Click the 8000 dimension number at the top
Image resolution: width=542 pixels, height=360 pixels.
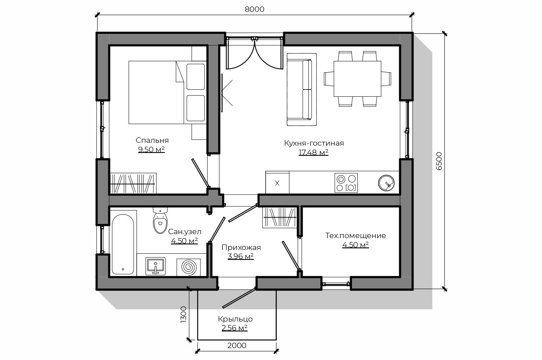(x=254, y=9)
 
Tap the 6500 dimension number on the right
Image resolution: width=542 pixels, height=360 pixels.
(x=439, y=161)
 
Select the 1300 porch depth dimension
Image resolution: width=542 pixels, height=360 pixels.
(x=184, y=315)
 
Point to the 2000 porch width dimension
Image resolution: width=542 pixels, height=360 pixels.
(x=237, y=346)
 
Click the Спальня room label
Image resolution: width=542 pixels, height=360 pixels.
(x=152, y=140)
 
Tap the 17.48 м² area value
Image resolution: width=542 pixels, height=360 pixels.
(x=313, y=152)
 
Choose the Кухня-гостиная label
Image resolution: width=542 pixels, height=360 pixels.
(x=314, y=143)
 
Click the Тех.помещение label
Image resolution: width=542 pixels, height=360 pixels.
(x=356, y=236)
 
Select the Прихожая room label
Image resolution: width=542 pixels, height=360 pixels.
(x=241, y=247)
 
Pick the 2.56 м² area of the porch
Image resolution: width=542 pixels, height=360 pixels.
(x=234, y=328)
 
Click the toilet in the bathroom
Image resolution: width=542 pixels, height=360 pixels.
(x=160, y=220)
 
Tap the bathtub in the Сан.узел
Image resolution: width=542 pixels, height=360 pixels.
(x=123, y=245)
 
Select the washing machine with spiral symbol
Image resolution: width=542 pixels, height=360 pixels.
(x=189, y=267)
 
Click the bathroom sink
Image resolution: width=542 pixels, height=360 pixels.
(x=155, y=266)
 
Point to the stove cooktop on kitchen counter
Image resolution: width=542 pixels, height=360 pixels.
(x=346, y=183)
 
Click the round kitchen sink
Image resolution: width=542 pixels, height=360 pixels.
(x=387, y=183)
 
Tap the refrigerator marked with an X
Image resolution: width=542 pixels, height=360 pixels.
(x=277, y=183)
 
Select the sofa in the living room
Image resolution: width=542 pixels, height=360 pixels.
(x=302, y=90)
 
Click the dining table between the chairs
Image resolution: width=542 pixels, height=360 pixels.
(x=357, y=79)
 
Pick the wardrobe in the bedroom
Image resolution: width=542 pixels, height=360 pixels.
(x=133, y=183)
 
